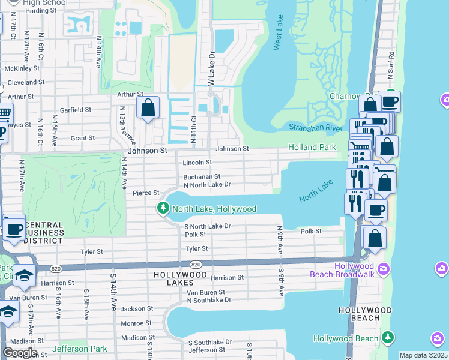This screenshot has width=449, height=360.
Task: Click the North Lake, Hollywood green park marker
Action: pos(162,209)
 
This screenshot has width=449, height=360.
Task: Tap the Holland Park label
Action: pos(312,147)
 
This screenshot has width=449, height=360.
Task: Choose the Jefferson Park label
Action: pos(79,349)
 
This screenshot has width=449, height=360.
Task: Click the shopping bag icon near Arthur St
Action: pos(148,109)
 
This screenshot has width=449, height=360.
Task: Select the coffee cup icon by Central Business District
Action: pos(14,229)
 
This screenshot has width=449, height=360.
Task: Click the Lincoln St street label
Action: pos(197,163)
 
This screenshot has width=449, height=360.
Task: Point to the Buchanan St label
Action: pos(202,177)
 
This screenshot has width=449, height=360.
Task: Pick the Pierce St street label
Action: pos(146,193)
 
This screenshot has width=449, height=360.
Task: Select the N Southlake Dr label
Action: pos(209,300)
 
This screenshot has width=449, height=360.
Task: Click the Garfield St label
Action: pos(75,110)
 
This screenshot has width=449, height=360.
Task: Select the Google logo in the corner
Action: pos(20,353)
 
